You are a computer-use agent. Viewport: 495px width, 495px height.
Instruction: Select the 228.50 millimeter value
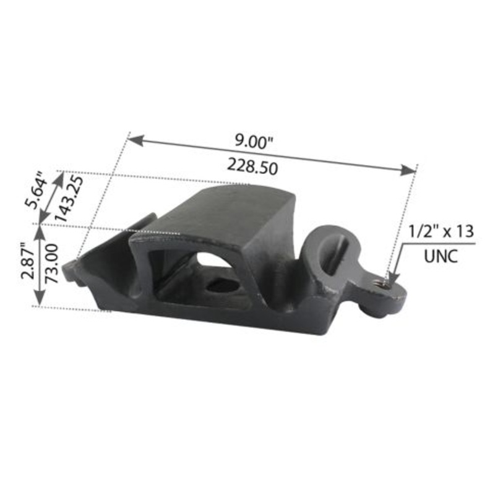[251, 166]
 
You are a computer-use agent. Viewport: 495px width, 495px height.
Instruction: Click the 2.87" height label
[28, 259]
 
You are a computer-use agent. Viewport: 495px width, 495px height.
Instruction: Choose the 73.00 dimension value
[50, 262]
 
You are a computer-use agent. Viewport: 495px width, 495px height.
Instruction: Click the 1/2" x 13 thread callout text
[441, 232]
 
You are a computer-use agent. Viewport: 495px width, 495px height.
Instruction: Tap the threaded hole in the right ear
[384, 284]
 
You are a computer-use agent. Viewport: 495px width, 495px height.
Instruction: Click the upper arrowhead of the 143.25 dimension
[60, 176]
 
